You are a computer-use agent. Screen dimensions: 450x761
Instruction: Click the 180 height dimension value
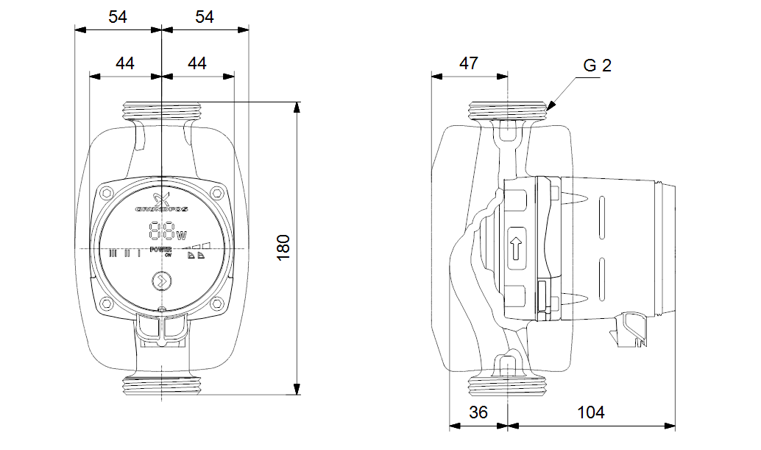pyautogui.click(x=284, y=247)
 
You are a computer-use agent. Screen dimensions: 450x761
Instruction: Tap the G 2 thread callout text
pyautogui.click(x=597, y=66)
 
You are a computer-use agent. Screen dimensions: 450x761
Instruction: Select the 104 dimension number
pyautogui.click(x=591, y=412)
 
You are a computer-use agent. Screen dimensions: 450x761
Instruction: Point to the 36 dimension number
pyautogui.click(x=478, y=412)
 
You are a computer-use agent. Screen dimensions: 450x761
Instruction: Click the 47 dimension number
pyautogui.click(x=469, y=63)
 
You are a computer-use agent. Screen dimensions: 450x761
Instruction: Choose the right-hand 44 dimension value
pyautogui.click(x=197, y=63)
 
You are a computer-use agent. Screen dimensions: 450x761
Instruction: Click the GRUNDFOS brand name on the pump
pyautogui.click(x=160, y=210)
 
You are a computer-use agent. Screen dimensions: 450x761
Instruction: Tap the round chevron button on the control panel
pyautogui.click(x=160, y=281)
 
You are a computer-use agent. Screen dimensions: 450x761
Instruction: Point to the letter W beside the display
pyautogui.click(x=181, y=236)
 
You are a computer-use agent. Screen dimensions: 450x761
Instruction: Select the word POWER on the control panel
pyautogui.click(x=160, y=250)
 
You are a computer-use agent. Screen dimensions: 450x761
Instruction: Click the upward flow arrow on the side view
pyautogui.click(x=516, y=245)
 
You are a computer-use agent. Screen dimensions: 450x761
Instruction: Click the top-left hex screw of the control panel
pyautogui.click(x=107, y=193)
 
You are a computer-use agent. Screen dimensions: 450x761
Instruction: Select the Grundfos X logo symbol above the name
pyautogui.click(x=161, y=197)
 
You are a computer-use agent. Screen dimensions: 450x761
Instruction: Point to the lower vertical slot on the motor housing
pyautogui.click(x=601, y=277)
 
